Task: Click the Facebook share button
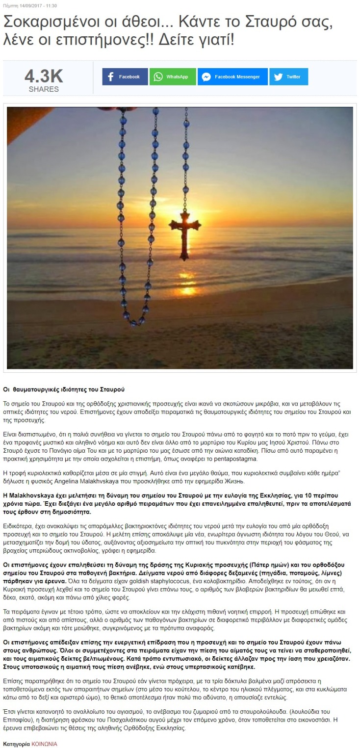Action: [125, 77]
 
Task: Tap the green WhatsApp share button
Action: [173, 77]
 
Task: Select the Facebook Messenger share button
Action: [232, 77]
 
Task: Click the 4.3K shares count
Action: [44, 77]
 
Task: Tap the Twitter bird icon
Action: [279, 77]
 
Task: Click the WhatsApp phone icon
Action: [158, 77]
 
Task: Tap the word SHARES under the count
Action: [44, 89]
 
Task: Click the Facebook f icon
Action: [111, 77]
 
